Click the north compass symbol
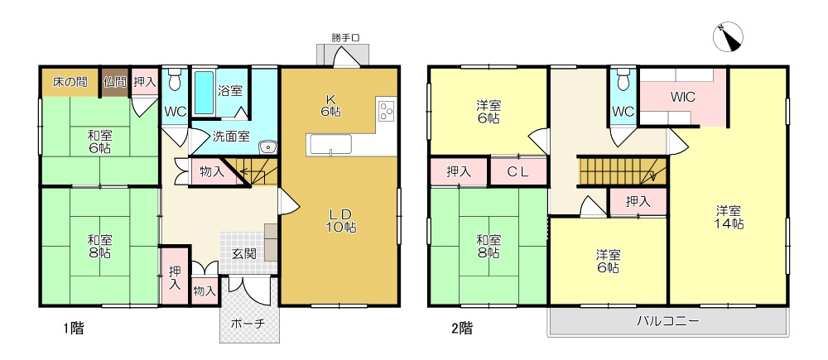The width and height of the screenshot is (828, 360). tap(728, 37)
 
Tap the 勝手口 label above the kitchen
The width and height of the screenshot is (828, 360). tap(346, 37)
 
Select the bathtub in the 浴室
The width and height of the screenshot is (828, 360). tap(204, 93)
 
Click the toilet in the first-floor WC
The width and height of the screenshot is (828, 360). tap(175, 79)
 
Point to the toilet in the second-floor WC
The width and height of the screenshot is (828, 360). tap(623, 79)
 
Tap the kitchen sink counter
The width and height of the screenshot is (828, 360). tap(331, 145)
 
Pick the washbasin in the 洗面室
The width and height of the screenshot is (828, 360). tap(268, 146)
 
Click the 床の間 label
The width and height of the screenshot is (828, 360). tap(70, 82)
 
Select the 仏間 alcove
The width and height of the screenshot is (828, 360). tap(115, 82)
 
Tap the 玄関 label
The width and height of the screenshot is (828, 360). tap(244, 254)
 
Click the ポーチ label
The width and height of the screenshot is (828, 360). tap(247, 324)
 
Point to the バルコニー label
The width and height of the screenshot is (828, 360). tap(667, 321)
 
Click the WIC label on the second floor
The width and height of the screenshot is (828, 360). tap(683, 97)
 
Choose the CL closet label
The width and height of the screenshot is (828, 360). tap(518, 171)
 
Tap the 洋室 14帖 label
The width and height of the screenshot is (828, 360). tap(730, 217)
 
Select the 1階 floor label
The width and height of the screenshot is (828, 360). tap(74, 329)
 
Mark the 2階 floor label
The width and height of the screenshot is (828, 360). tap(462, 329)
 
